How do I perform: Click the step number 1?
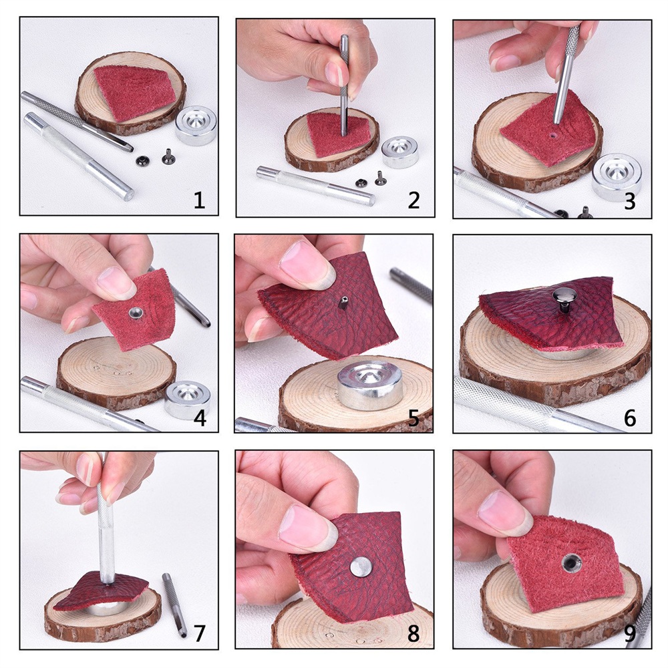click(x=199, y=200)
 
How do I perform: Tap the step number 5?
click(x=413, y=418)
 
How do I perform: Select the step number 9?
click(x=631, y=635)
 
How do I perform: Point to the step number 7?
click(x=199, y=633)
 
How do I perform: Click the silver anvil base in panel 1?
click(x=196, y=125)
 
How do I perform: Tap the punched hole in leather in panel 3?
click(x=552, y=136)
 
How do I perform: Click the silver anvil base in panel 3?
click(x=617, y=177)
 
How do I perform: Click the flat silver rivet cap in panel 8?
click(x=361, y=567)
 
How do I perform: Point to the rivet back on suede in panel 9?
click(x=571, y=562)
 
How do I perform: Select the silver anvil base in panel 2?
click(x=400, y=152)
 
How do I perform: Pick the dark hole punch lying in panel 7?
click(x=174, y=605)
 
